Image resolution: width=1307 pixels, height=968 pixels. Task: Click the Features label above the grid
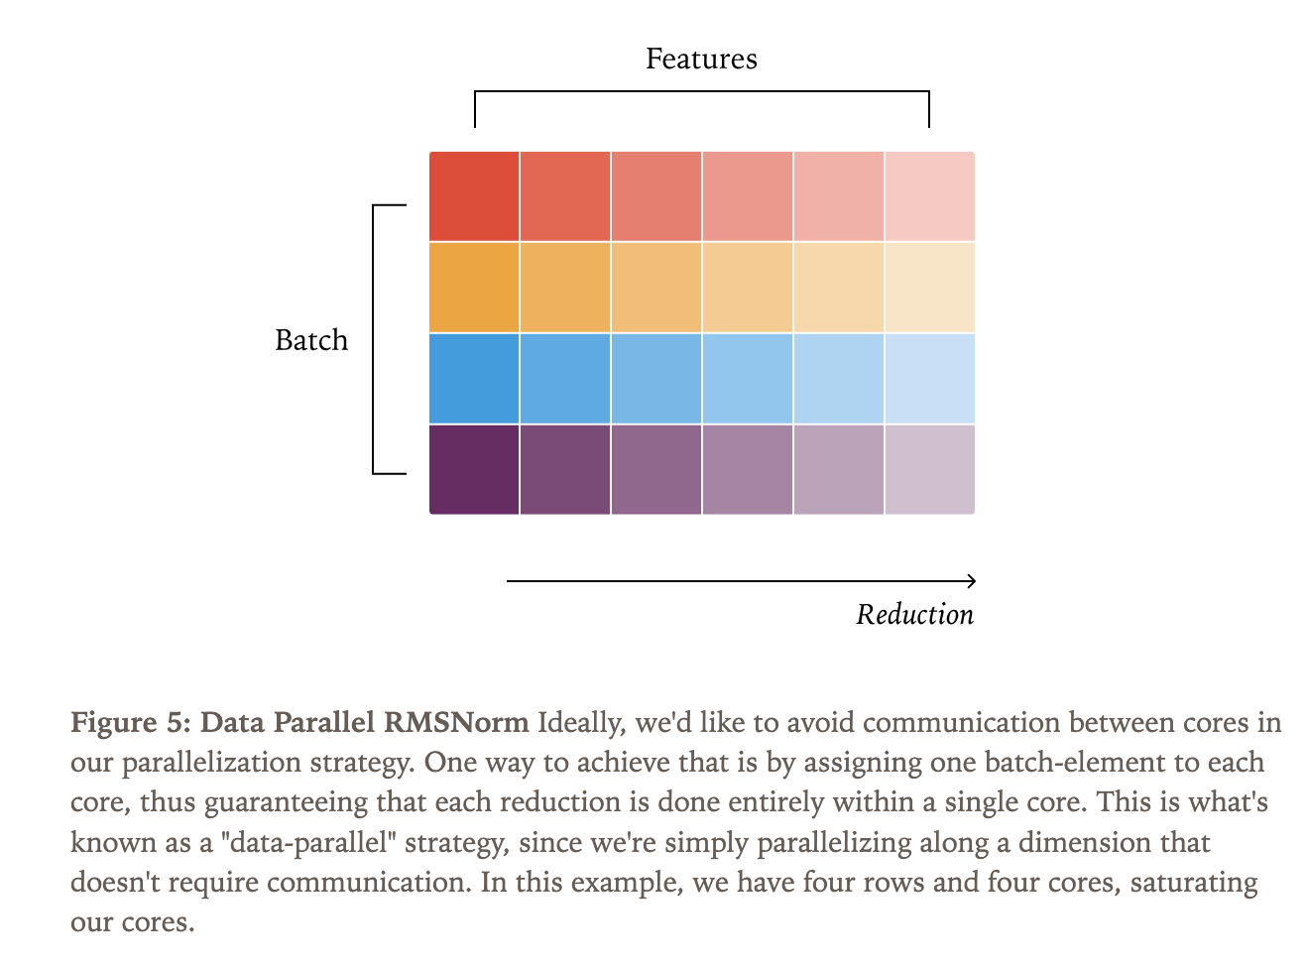701,60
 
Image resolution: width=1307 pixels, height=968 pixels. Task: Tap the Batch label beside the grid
311,340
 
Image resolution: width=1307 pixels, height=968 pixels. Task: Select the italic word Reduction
914,615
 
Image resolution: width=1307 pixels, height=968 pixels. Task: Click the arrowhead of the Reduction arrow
971,581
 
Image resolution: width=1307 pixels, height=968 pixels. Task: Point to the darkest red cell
474,196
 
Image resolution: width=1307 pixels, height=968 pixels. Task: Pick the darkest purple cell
474,469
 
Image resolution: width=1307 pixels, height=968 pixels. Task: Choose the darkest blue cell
474,378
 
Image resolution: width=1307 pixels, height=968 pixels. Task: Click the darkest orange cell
474,288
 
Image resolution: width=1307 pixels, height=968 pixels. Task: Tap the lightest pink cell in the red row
929,196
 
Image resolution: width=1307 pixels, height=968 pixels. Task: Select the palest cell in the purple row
929,469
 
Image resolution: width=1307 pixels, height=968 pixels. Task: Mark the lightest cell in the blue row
929,378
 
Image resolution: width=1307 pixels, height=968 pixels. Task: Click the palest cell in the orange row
929,288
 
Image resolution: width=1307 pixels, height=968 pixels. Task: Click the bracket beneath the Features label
701,92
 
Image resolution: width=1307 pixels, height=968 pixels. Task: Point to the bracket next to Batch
374,340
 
